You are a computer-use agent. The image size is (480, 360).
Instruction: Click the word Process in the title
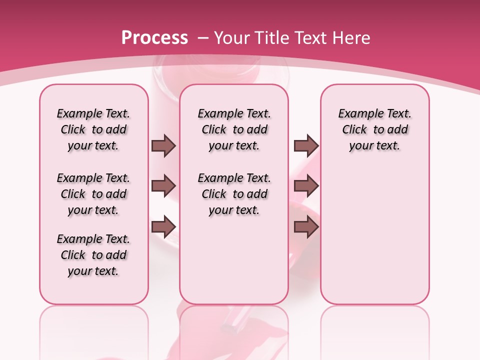point(154,38)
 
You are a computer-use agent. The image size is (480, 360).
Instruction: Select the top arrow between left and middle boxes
point(163,146)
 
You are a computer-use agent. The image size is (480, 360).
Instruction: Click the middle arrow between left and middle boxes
point(163,186)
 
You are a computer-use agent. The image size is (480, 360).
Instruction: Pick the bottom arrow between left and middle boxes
point(163,227)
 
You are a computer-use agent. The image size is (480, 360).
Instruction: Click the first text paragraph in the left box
point(93,129)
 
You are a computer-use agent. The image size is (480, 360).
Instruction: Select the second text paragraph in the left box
point(93,194)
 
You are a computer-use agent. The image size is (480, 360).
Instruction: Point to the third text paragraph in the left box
point(93,255)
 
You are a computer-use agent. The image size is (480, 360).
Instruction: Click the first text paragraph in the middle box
point(234,129)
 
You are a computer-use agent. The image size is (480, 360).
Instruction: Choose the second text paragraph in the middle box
point(234,194)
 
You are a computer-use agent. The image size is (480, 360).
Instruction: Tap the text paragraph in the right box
point(375,129)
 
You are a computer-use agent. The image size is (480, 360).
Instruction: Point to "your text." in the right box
point(375,146)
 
